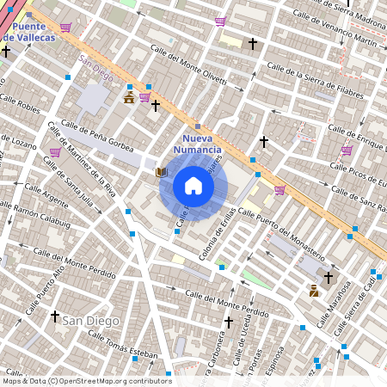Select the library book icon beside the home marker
pyautogui.click(x=161, y=173)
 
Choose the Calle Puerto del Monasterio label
pyautogui.click(x=280, y=233)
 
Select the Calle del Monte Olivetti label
pyautogui.click(x=187, y=70)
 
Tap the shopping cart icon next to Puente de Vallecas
pyautogui.click(x=65, y=27)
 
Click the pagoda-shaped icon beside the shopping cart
pyautogui.click(x=129, y=98)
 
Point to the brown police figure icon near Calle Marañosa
pyautogui.click(x=314, y=291)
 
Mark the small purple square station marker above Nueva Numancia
pyautogui.click(x=198, y=126)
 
